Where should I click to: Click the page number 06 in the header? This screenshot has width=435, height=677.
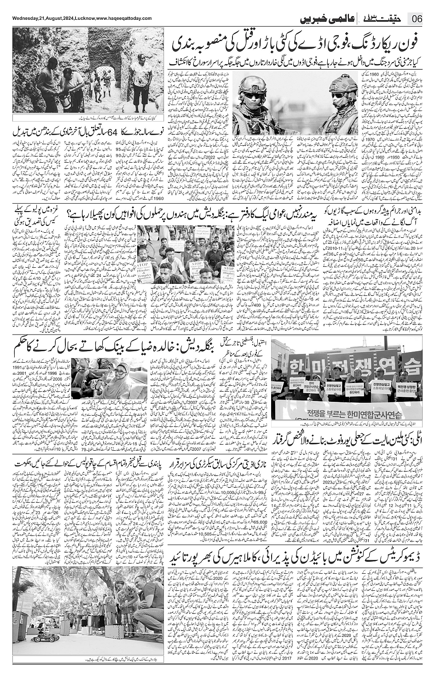(417, 19)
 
